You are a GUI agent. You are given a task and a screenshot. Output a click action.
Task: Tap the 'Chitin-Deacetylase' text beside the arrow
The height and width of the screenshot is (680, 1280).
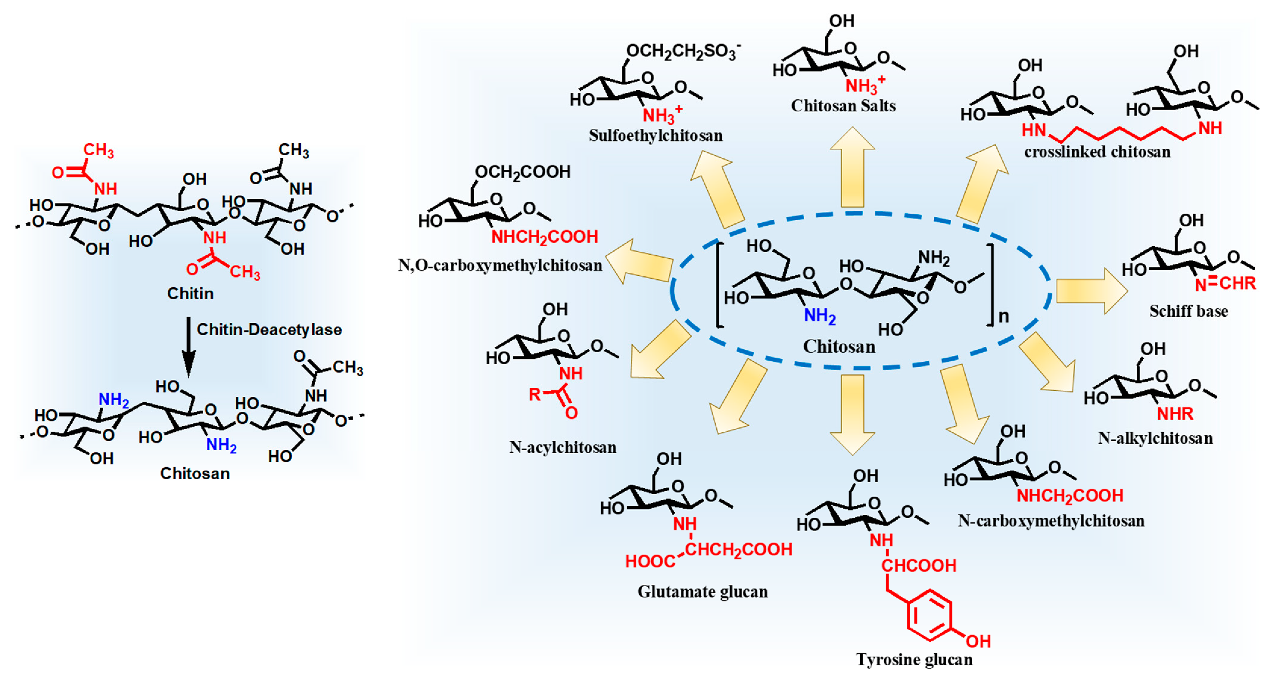click(269, 330)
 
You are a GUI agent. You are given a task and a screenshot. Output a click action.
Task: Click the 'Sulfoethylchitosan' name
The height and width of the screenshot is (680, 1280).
click(656, 135)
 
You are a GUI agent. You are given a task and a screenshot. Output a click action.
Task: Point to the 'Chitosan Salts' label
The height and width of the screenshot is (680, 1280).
click(843, 106)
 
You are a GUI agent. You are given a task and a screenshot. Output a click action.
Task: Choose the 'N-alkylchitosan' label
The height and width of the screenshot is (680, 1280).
click(1155, 438)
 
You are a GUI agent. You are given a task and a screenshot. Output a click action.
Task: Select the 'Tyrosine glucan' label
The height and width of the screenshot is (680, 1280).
click(914, 660)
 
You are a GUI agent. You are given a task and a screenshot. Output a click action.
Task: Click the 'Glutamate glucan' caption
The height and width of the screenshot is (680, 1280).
click(702, 592)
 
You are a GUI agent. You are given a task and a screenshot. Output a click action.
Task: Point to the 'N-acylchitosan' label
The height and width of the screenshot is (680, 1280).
click(562, 448)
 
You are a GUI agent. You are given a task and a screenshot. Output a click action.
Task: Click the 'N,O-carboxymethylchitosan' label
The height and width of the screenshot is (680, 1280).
click(500, 266)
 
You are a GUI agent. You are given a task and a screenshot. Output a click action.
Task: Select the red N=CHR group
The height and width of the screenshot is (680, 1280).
click(1225, 284)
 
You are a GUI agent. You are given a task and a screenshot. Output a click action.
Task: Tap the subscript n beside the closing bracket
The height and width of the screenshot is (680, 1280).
click(1004, 316)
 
